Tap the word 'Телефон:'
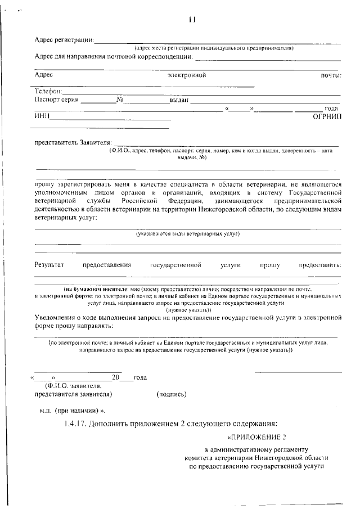(x=48, y=91)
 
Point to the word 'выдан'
(x=179, y=100)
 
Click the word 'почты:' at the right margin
(x=331, y=75)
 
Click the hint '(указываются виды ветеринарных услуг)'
(x=188, y=233)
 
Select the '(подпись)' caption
(x=172, y=394)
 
